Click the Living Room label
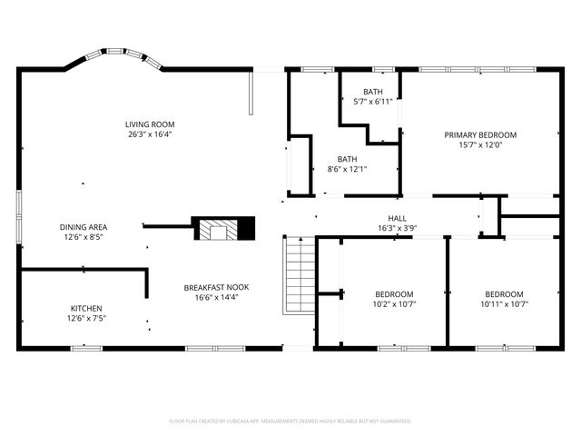point(150,124)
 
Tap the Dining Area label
point(84,227)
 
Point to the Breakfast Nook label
point(216,287)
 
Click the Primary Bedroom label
point(480,134)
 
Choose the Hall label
point(398,218)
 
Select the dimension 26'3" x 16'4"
point(150,134)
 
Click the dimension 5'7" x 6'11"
point(373,102)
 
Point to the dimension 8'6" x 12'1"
point(347,168)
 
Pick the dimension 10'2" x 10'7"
point(394,304)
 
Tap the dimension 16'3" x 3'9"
point(398,228)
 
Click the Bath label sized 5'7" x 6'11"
point(373,92)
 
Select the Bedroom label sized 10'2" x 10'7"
point(394,294)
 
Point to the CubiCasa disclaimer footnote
point(290,421)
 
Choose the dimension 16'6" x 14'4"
point(216,297)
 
